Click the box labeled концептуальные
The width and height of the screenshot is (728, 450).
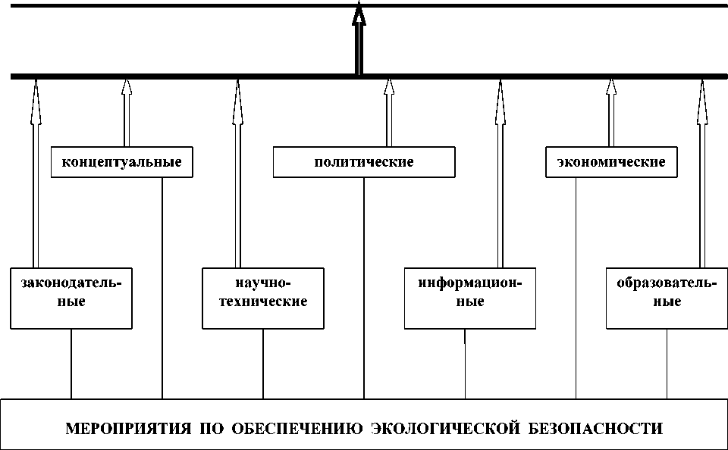[x=121, y=162]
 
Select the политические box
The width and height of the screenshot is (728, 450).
[x=364, y=162]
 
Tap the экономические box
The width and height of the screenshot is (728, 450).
[x=610, y=162]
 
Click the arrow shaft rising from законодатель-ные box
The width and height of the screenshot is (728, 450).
[x=35, y=182]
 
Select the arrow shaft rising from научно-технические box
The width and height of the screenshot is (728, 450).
[x=237, y=182]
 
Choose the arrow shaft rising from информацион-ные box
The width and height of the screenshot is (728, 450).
[x=500, y=182]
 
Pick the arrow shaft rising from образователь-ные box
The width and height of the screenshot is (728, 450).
[x=703, y=182]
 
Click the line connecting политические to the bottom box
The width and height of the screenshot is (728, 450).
[x=364, y=288]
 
